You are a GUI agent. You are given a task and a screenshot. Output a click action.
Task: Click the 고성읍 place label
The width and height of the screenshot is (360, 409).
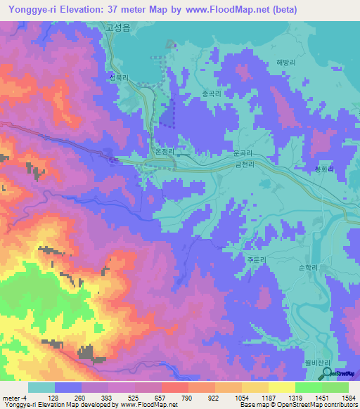point(117,27)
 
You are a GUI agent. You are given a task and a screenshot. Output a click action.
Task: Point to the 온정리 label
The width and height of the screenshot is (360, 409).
point(163,150)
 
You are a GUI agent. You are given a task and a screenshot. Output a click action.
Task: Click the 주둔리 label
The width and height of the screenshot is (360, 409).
point(256,259)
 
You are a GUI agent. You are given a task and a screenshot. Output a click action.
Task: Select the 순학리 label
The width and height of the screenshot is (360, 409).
point(309,268)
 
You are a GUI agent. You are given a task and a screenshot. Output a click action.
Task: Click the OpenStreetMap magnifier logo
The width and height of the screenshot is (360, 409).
point(327,373)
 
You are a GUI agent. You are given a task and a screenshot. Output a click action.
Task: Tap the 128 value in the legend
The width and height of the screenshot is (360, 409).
point(52,398)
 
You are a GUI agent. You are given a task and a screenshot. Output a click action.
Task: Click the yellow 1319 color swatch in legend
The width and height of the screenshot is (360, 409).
point(281,387)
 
